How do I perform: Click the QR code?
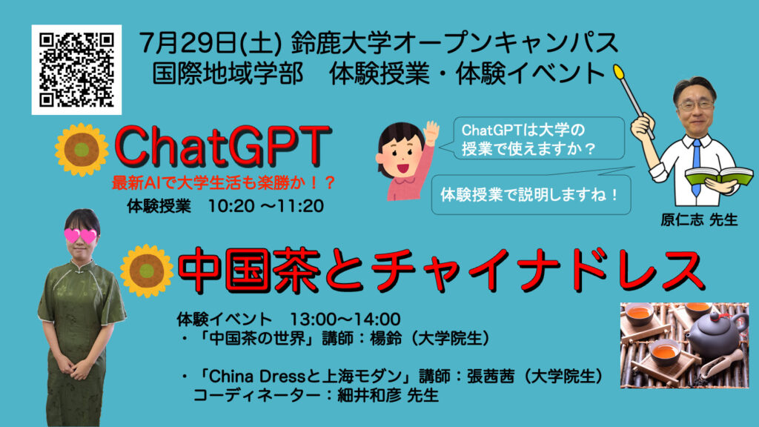[76, 70]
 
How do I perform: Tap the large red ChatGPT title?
[222, 146]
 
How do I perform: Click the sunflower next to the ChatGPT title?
[82, 150]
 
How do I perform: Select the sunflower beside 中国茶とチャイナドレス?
[147, 271]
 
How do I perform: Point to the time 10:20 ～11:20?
[266, 206]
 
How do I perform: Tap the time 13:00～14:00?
[345, 320]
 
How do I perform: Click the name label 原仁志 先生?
[699, 219]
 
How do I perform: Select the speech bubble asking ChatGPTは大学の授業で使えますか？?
[538, 139]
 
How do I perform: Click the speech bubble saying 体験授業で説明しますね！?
[531, 194]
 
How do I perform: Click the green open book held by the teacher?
[719, 176]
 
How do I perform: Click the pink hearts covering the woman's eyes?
[80, 236]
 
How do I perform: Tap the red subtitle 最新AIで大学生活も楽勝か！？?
[224, 183]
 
